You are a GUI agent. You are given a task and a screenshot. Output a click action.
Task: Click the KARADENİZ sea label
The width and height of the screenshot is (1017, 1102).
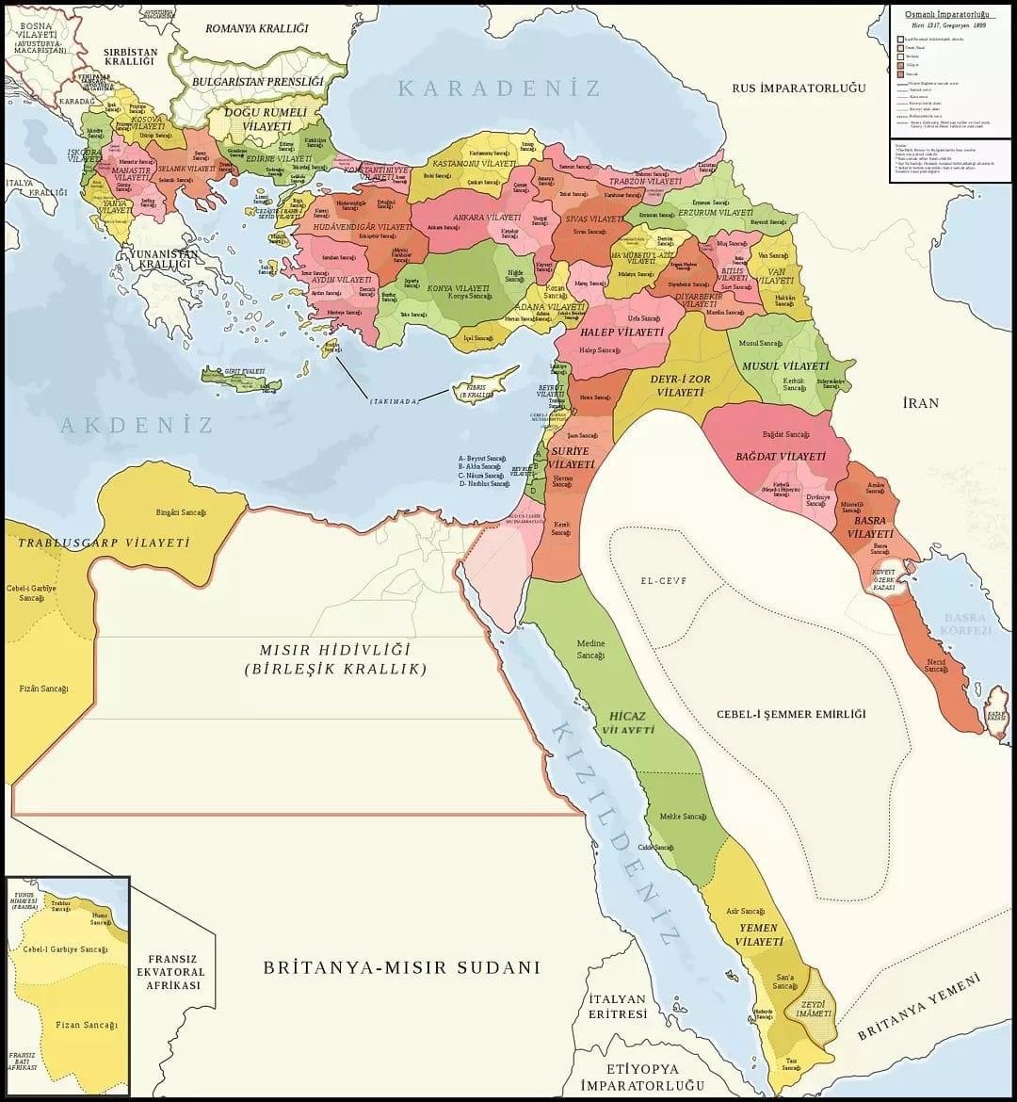499,89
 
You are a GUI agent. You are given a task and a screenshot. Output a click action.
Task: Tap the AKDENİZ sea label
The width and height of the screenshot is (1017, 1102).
137,425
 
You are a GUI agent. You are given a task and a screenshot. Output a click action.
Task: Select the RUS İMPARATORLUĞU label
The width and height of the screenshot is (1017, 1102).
799,88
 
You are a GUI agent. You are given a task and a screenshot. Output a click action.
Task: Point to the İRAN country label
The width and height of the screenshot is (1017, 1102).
920,403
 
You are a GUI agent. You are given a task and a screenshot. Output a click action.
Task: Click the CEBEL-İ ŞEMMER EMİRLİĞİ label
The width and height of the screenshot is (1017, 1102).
790,714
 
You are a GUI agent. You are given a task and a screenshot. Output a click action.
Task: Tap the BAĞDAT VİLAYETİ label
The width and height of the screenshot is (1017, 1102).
781,456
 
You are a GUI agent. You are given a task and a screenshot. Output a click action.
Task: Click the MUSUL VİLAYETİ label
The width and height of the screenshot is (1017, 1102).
785,365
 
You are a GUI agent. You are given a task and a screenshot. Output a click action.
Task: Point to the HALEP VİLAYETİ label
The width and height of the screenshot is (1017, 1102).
621,332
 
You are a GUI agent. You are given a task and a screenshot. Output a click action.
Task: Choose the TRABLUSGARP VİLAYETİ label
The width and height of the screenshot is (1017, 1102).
104,543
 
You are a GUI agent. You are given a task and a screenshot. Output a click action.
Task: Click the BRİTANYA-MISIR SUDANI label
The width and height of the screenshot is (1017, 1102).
401,967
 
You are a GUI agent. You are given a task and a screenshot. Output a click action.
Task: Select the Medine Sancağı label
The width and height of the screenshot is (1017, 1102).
590,649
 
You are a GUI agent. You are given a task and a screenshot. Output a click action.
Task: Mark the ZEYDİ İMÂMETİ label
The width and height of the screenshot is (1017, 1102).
815,1009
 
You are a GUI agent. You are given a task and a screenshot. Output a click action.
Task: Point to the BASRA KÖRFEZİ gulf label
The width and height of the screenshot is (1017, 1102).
966,624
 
